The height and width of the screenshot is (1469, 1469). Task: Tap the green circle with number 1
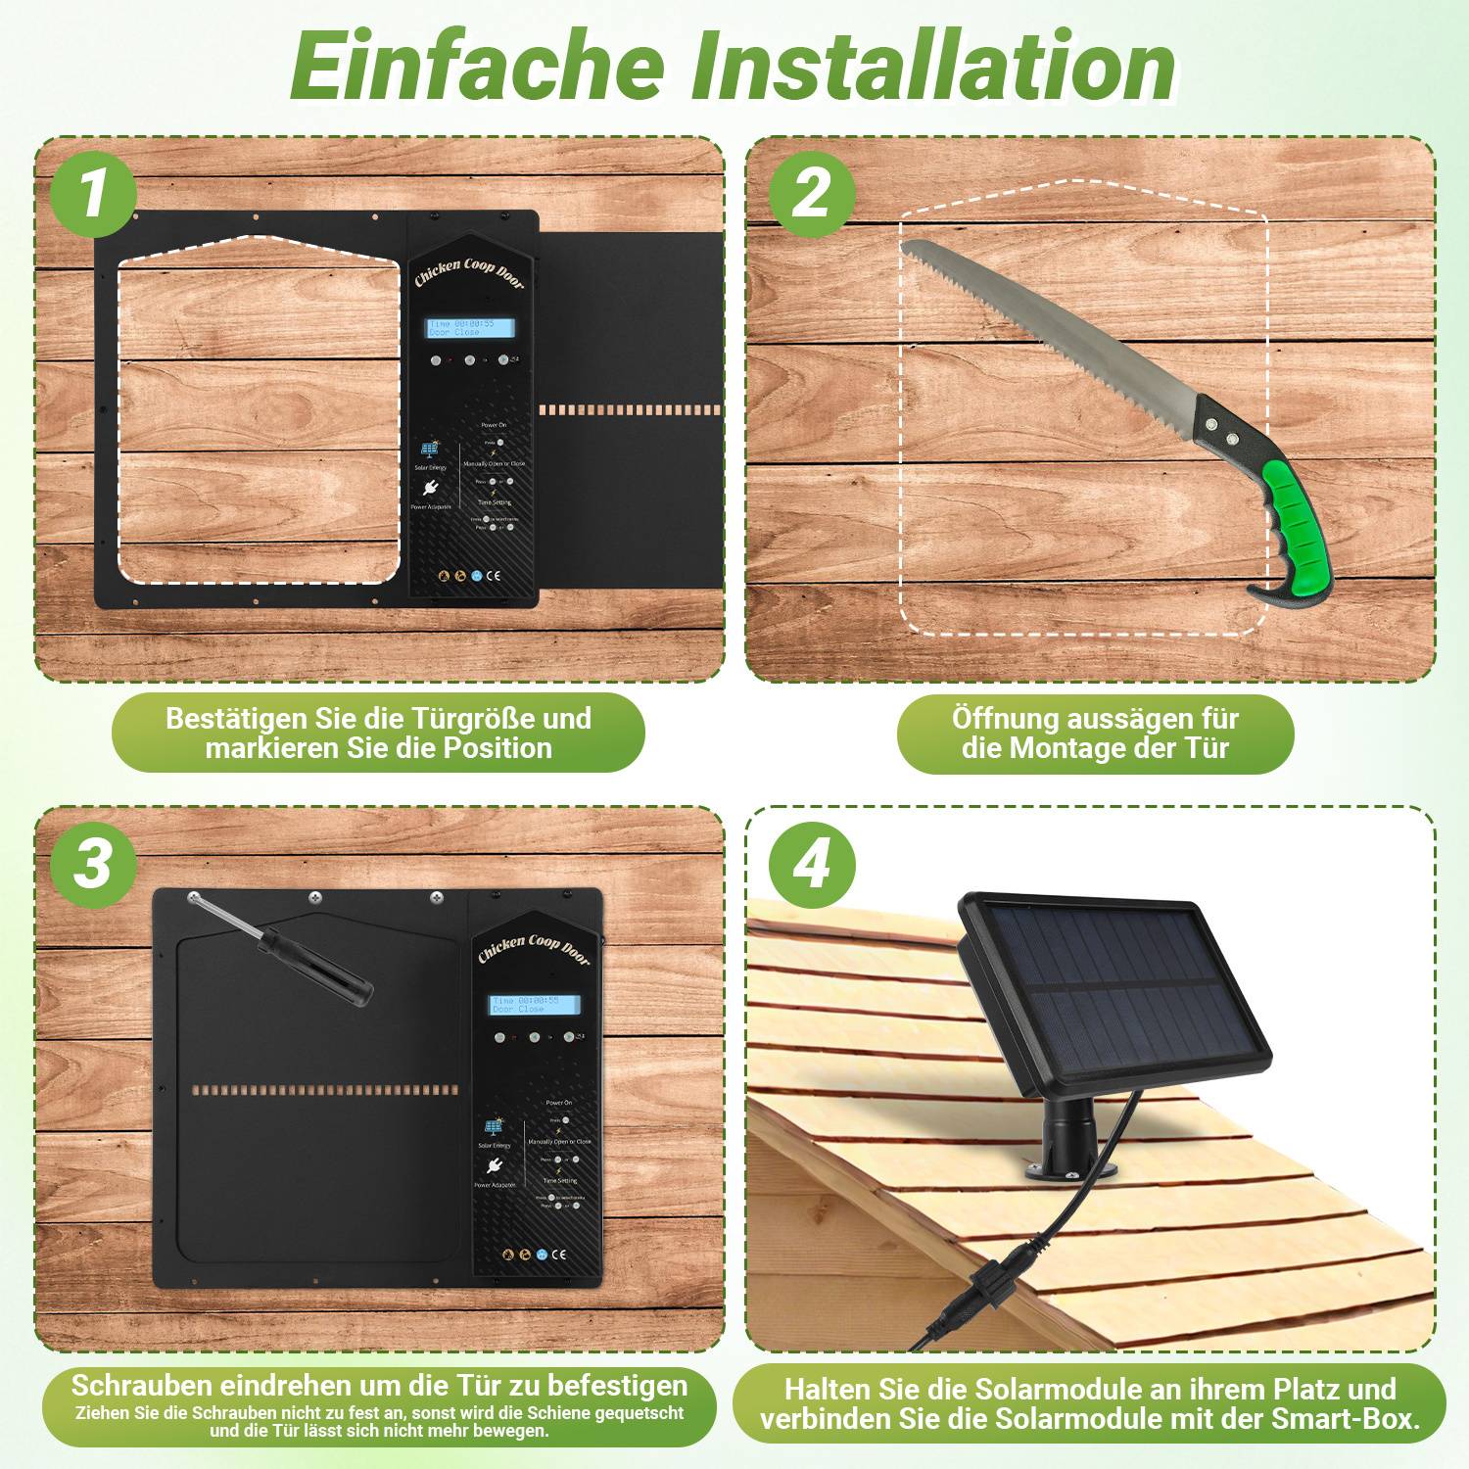coord(93,193)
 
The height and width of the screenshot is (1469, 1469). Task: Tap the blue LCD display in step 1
coord(471,328)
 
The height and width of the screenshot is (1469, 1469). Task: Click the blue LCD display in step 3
coord(535,1005)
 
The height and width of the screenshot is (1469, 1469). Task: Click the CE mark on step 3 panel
coord(558,1254)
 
